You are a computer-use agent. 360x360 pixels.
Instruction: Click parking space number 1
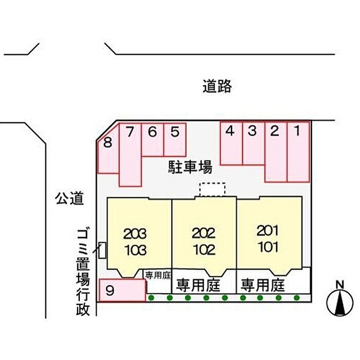pyautogui.click(x=298, y=152)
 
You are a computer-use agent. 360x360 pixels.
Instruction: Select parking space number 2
pyautogui.click(x=276, y=152)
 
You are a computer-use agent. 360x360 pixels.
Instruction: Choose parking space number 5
pyautogui.click(x=175, y=139)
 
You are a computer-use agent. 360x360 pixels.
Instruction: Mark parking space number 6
pyautogui.click(x=152, y=139)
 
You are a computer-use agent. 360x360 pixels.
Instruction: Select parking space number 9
pyautogui.click(x=121, y=290)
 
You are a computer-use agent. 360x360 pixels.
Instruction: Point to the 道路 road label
pyautogui.click(x=217, y=87)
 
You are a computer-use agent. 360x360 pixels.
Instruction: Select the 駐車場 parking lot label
pyautogui.click(x=190, y=167)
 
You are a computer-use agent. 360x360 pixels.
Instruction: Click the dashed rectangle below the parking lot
pyautogui.click(x=212, y=189)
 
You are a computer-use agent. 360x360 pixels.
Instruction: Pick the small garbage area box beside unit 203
pyautogui.click(x=102, y=250)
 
